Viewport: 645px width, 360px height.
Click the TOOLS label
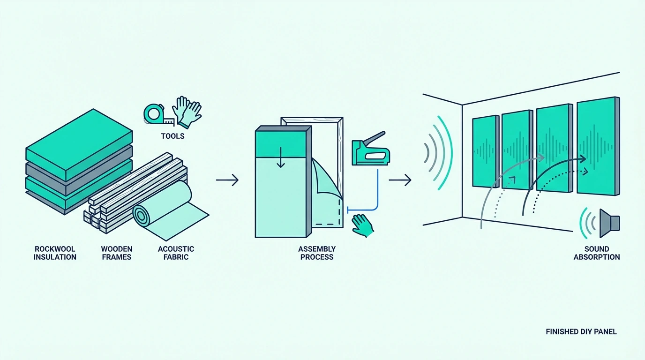click(x=172, y=136)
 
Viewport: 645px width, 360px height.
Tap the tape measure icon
click(x=158, y=115)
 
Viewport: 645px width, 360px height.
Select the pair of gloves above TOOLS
click(x=187, y=112)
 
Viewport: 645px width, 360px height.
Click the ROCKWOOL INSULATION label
click(x=55, y=253)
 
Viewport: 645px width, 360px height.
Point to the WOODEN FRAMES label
click(x=117, y=253)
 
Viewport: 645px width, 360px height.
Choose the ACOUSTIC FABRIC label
click(x=176, y=253)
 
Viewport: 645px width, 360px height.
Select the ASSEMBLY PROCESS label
click(x=317, y=253)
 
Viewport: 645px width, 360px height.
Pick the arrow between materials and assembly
click(x=227, y=180)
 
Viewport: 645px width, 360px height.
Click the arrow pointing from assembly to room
click(x=400, y=180)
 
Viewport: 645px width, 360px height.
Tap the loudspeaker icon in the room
click(x=609, y=224)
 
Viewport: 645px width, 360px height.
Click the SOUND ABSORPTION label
click(x=597, y=253)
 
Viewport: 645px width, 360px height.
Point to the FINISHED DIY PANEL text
click(x=581, y=332)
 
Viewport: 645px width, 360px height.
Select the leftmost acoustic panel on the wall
click(x=486, y=151)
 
